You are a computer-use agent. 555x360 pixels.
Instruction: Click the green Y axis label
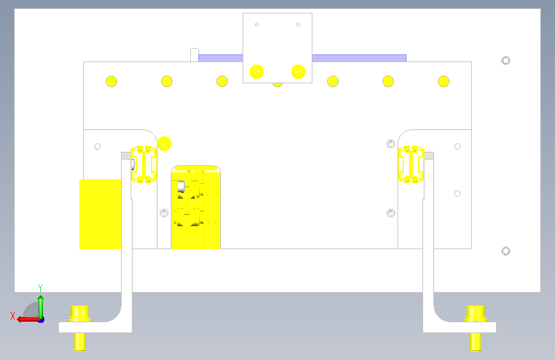(x=40, y=288)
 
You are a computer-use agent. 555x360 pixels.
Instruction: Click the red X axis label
(x=13, y=316)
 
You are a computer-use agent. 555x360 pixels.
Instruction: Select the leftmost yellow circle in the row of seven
(x=111, y=81)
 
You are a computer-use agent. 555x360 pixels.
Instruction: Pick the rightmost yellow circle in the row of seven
(x=444, y=81)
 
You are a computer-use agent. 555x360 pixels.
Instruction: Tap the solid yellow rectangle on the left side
(x=100, y=214)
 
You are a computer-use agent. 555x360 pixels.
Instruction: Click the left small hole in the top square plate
(x=257, y=24)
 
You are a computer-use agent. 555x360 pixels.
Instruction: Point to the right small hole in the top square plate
(x=298, y=24)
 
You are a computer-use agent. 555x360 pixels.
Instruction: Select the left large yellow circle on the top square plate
(x=257, y=72)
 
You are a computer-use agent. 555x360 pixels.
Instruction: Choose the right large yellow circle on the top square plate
(x=298, y=72)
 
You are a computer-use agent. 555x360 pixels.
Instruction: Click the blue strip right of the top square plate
(x=359, y=58)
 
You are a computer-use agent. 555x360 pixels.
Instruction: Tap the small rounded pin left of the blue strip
(x=195, y=55)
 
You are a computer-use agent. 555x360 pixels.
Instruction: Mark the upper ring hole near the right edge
(x=506, y=61)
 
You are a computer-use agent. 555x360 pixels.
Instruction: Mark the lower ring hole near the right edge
(x=506, y=251)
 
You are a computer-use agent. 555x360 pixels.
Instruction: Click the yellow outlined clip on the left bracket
(x=143, y=164)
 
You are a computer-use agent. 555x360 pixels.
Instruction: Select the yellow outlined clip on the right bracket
(x=411, y=164)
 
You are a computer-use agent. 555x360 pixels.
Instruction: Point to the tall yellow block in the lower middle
(x=196, y=208)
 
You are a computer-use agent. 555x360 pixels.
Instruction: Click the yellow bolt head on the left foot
(x=79, y=314)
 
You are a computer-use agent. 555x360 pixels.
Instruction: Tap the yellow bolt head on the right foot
(x=476, y=314)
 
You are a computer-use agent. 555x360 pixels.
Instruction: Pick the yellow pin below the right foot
(x=476, y=342)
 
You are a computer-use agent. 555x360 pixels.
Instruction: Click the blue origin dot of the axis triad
(x=42, y=320)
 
